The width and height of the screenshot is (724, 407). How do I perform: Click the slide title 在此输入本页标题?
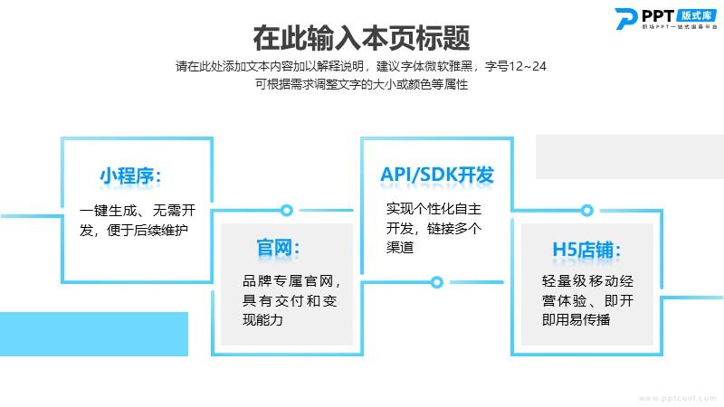pyautogui.click(x=361, y=38)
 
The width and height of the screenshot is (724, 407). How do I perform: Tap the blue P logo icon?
pyautogui.click(x=626, y=18)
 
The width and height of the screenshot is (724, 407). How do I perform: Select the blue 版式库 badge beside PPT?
pyautogui.click(x=697, y=15)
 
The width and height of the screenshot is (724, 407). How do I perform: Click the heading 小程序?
pyautogui.click(x=130, y=175)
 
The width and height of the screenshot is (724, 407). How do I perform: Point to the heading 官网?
pyautogui.click(x=278, y=248)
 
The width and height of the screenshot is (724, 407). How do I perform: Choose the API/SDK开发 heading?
pyautogui.click(x=437, y=175)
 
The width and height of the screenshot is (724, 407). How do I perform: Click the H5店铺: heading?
pyautogui.click(x=586, y=250)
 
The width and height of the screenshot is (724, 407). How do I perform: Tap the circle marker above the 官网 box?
pyautogui.click(x=287, y=211)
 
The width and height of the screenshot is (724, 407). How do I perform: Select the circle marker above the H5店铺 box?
pyautogui.click(x=586, y=211)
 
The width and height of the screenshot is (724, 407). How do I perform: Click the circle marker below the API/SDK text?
pyautogui.click(x=437, y=282)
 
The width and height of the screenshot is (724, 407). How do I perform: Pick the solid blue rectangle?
pyautogui.click(x=94, y=334)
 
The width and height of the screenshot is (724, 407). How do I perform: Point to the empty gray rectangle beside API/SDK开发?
pyautogui.click(x=629, y=156)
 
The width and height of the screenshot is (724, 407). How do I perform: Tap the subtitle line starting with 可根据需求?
pyautogui.click(x=361, y=84)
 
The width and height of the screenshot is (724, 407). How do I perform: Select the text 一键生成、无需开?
pyautogui.click(x=138, y=211)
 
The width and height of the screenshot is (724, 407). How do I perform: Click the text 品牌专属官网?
pyautogui.click(x=288, y=280)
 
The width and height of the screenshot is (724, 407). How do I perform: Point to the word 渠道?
pyautogui.click(x=400, y=247)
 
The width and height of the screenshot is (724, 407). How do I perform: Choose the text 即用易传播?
pyautogui.click(x=576, y=319)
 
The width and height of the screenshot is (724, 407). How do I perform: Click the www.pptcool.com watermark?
pyautogui.click(x=677, y=398)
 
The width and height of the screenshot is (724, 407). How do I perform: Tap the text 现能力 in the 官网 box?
pyautogui.click(x=262, y=319)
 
